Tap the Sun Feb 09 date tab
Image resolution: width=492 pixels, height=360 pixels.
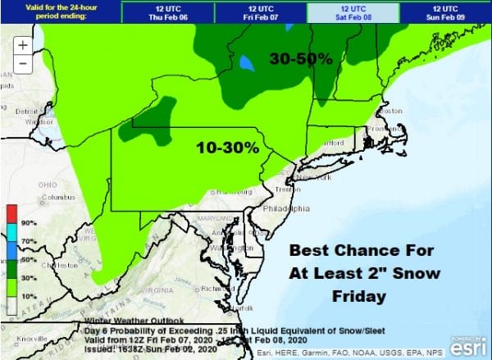point(445,12)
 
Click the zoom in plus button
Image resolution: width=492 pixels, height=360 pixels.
point(23,46)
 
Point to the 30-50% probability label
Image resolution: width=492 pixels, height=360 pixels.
point(301,59)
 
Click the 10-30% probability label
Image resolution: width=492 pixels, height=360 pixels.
point(227,148)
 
